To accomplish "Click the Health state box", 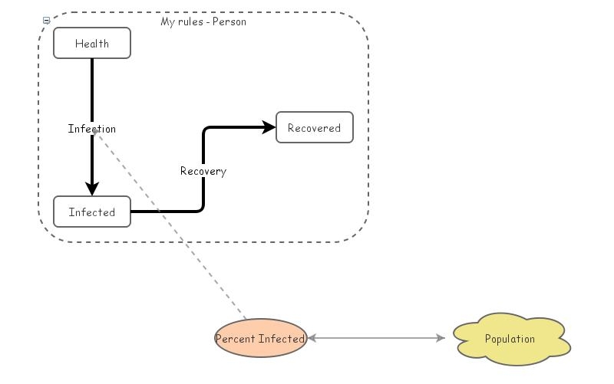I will [92, 44].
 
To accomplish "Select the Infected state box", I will [92, 212].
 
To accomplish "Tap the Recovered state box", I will [314, 128].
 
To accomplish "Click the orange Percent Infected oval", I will [260, 339].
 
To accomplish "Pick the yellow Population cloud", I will [511, 339].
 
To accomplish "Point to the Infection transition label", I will [92, 129].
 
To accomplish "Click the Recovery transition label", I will [203, 171].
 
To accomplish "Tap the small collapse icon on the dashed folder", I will [46, 21].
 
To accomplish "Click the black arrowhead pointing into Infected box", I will [92, 189].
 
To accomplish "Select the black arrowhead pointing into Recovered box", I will [269, 128].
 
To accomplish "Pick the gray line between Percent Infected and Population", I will [376, 338].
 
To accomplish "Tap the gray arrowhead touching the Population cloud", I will [441, 338].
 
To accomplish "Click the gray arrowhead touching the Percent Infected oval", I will [312, 338].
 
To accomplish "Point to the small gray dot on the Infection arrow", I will [94, 131].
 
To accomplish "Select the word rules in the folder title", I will [190, 21].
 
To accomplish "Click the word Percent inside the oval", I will [235, 339].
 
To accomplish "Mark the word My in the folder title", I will [167, 21].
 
